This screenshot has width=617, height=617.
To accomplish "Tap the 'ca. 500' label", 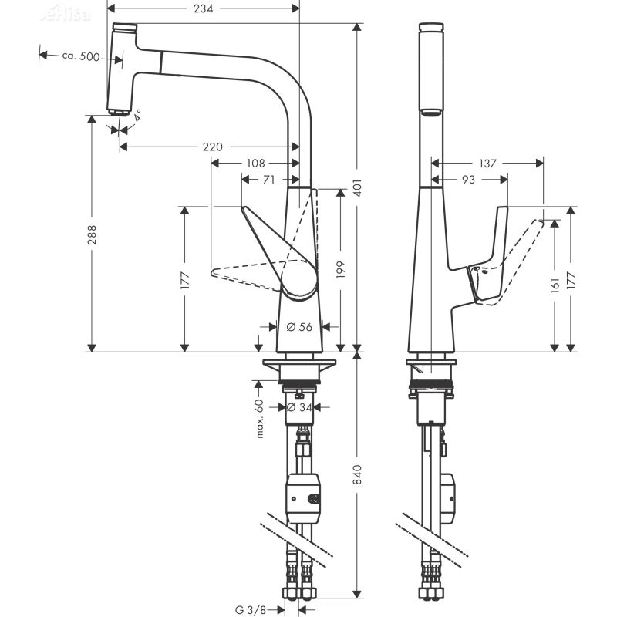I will (80, 56).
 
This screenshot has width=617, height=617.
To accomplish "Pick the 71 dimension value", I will (268, 179).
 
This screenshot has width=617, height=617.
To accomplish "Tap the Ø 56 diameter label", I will (299, 327).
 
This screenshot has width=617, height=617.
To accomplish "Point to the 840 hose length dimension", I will (356, 479).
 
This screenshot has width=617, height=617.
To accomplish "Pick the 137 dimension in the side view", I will (487, 164).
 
